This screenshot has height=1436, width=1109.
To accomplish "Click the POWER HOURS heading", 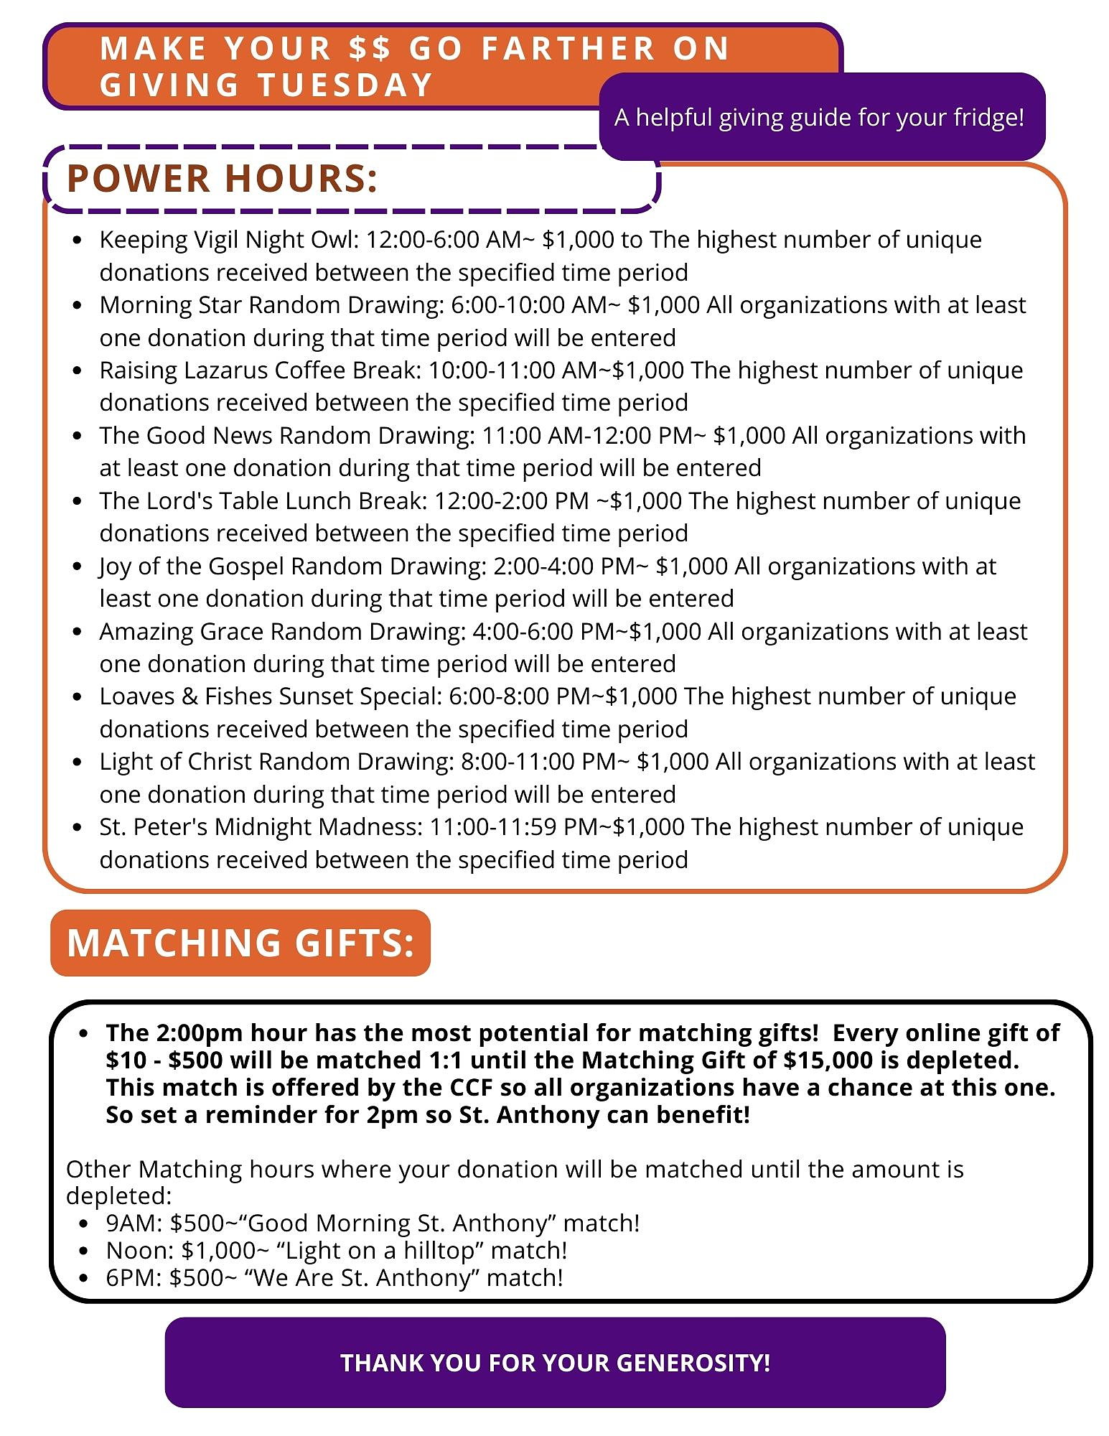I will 222,178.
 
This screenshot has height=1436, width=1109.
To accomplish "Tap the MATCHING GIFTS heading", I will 240,942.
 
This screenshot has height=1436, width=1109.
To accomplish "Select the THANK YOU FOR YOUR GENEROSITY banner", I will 555,1362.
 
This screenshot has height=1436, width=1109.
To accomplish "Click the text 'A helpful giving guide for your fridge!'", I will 819,117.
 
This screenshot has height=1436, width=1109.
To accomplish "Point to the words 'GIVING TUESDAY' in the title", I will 266,85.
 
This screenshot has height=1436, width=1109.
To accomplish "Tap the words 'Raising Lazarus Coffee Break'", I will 260,370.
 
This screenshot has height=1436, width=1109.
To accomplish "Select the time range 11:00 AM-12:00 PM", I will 587,435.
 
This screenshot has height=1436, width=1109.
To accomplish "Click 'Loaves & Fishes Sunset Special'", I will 270,696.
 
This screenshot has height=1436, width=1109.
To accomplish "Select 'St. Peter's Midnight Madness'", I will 260,826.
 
